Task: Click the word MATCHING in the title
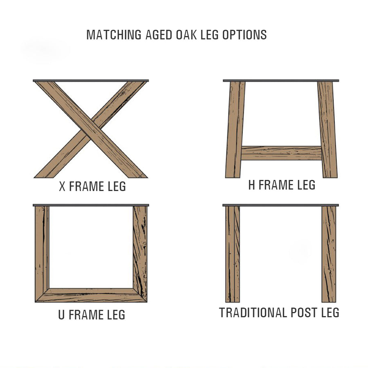coord(114,35)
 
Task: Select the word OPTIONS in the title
coord(245,35)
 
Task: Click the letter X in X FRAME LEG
coord(62,186)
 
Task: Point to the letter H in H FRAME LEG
coord(251,185)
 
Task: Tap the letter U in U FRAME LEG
coord(61,315)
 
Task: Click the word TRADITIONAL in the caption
coord(254,313)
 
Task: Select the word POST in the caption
coord(304,313)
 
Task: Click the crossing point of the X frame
coord(91,129)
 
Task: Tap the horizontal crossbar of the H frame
coord(281,153)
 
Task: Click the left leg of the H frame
coord(235,130)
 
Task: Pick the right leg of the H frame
coord(328,130)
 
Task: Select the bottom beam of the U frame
coord(91,295)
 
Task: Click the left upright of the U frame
coord(42,254)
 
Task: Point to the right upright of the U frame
coord(140,254)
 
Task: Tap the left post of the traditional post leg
coord(233,254)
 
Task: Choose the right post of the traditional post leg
coord(329,254)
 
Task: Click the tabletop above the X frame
coord(91,81)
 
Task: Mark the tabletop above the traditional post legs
coord(280,205)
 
